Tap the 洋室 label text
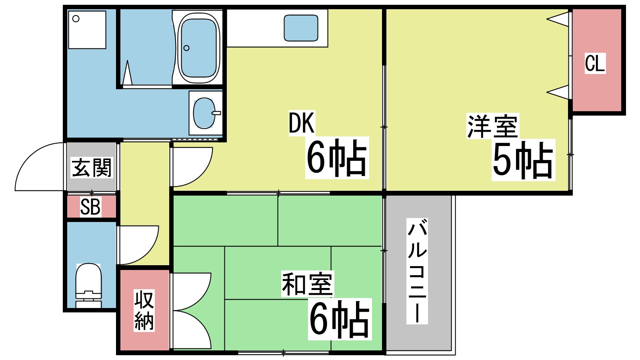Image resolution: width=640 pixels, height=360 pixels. click(x=492, y=126)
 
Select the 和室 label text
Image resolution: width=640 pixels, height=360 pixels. click(x=307, y=284)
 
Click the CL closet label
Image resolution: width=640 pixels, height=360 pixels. click(x=595, y=63)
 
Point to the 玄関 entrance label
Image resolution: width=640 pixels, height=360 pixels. click(x=92, y=168)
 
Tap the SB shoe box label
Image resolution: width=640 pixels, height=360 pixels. click(x=90, y=207)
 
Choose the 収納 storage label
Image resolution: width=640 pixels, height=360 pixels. click(x=144, y=310)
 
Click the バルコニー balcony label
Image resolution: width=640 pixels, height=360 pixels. click(x=417, y=271)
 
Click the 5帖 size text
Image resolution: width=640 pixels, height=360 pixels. click(x=523, y=160)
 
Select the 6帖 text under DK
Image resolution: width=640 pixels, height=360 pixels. click(x=337, y=158)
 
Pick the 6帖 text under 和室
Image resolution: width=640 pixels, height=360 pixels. click(x=340, y=319)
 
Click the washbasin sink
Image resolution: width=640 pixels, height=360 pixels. click(x=205, y=113)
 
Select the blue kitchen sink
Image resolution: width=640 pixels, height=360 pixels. click(x=301, y=28)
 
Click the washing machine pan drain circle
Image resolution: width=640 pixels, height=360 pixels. click(x=76, y=18)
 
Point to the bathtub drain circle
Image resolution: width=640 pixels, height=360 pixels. click(x=186, y=48)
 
